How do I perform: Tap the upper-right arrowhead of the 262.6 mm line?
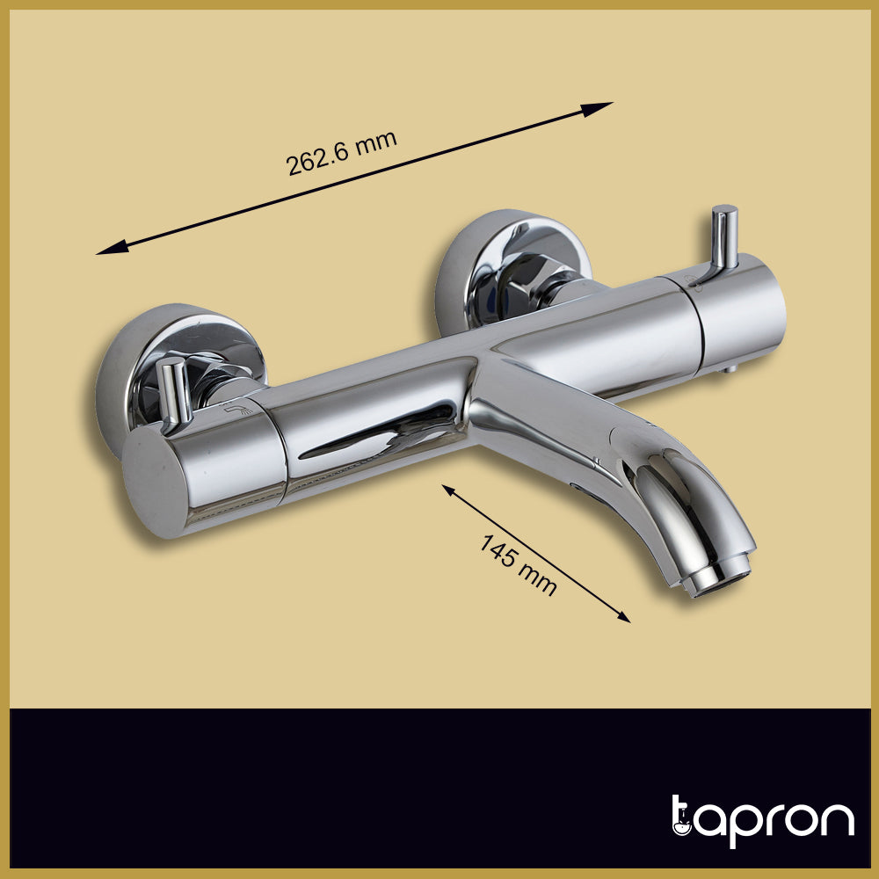(601, 107)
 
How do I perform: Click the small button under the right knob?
(730, 370)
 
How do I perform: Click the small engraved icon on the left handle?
(233, 410)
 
